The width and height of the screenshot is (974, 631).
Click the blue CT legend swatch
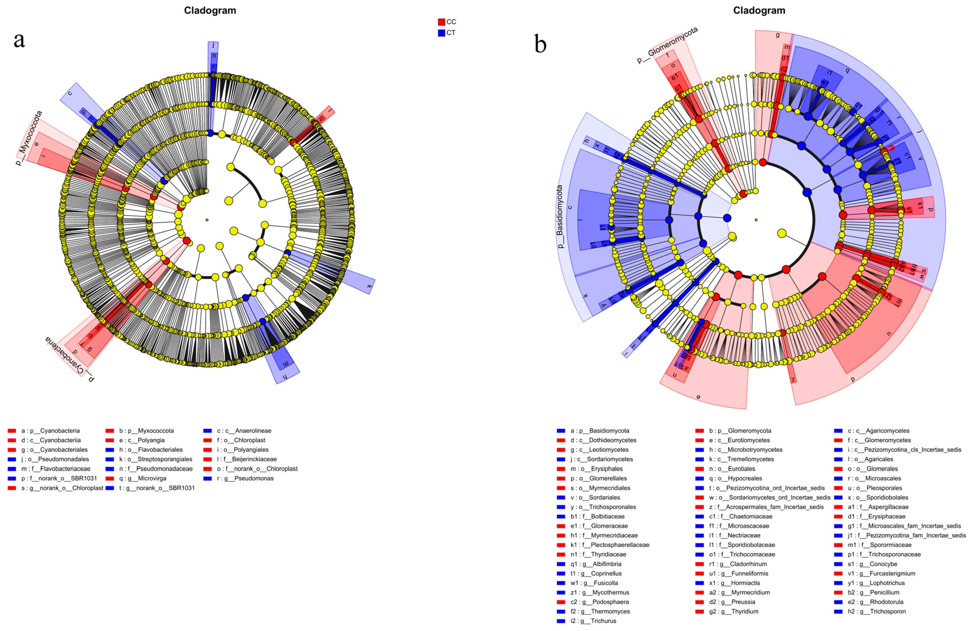coord(441,33)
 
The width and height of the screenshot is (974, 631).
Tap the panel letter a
coord(19,40)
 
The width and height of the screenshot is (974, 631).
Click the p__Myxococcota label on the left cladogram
coord(29,138)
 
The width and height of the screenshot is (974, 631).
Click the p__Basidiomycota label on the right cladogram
coord(560,217)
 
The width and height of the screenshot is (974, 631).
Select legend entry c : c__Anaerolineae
coord(244,431)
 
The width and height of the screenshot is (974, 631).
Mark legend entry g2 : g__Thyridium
coord(733,611)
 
